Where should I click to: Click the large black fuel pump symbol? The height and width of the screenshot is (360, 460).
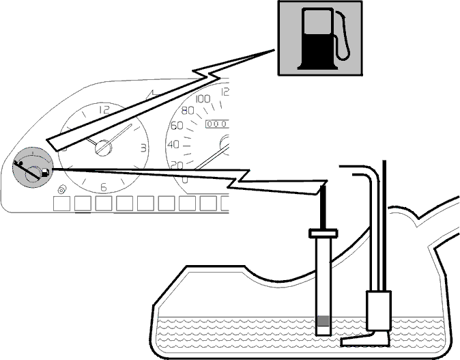tap(317, 39)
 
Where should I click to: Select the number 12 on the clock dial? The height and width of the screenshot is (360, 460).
tap(104, 110)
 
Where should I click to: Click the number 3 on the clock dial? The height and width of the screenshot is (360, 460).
tap(143, 148)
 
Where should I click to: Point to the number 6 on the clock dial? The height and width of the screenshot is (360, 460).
tap(103, 187)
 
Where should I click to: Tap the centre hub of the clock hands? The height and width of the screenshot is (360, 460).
tap(103, 148)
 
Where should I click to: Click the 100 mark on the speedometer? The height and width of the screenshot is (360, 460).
tap(203, 99)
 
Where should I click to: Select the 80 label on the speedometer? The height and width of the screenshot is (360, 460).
tap(188, 111)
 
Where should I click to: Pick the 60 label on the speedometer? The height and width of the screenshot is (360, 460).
tap(177, 126)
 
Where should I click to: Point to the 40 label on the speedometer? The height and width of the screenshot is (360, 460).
tap(173, 144)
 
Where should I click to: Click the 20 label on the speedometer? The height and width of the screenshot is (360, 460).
tap(177, 165)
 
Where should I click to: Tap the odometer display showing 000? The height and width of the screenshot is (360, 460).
tap(217, 124)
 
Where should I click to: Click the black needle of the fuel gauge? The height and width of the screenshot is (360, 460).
tap(27, 170)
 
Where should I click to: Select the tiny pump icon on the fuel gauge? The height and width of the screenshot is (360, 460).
tap(45, 171)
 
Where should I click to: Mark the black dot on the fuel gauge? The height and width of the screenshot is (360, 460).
tap(20, 163)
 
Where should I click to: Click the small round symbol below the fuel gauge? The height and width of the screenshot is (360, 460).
tap(61, 190)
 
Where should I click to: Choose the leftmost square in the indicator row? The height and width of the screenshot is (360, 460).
tap(62, 204)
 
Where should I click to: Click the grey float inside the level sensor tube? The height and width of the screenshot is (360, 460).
tap(324, 320)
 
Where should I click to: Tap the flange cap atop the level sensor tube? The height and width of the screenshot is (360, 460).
tap(324, 234)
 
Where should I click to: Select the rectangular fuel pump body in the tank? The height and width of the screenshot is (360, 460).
tap(379, 311)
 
